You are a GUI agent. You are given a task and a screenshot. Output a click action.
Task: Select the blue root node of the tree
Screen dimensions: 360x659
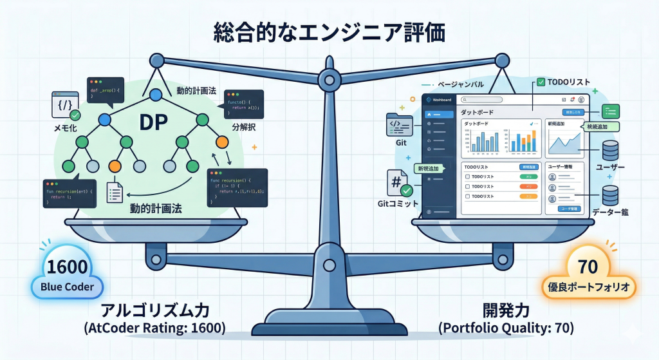(154, 96)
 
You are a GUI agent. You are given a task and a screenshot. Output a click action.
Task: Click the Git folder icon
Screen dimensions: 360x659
(398, 124)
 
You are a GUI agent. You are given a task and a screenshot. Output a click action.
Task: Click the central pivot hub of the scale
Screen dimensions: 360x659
(329, 81)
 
